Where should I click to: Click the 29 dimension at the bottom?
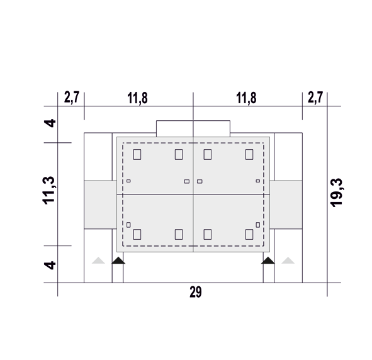click(x=196, y=292)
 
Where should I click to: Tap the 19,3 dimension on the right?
click(x=336, y=193)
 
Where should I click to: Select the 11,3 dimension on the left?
click(x=49, y=190)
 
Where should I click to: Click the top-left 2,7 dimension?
click(x=71, y=97)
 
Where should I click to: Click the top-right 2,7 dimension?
click(x=315, y=97)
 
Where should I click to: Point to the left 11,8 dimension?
click(x=137, y=98)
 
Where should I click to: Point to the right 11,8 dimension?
click(x=246, y=98)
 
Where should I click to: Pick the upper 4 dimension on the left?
click(x=50, y=123)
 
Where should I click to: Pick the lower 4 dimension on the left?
click(x=50, y=265)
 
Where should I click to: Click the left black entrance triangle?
click(x=118, y=261)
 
